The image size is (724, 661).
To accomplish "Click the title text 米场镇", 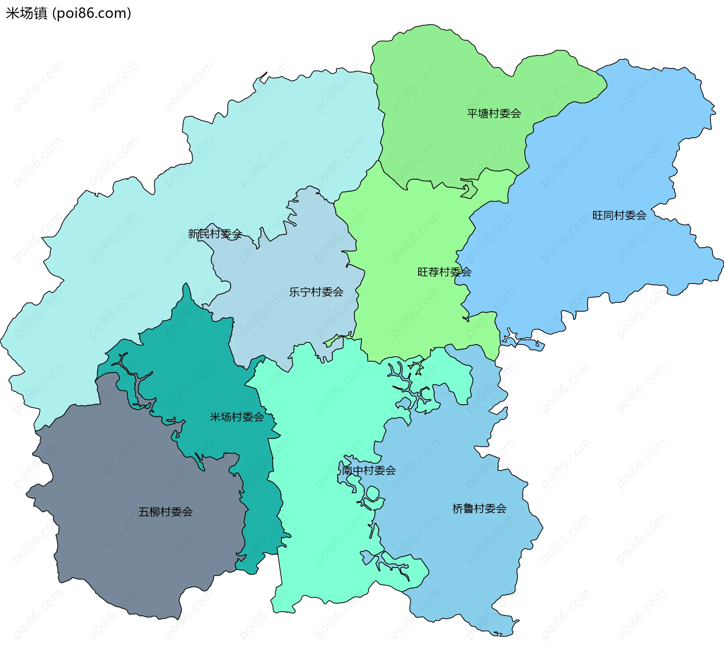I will (x=26, y=13).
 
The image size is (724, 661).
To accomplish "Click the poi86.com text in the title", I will (x=92, y=13).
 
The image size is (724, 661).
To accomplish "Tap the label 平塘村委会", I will (x=494, y=113).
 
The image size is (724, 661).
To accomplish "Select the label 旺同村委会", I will (x=619, y=215).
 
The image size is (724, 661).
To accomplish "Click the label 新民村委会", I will (x=215, y=234).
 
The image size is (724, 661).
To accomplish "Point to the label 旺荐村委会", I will (x=444, y=272).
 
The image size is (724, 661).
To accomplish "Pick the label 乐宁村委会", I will (x=316, y=292).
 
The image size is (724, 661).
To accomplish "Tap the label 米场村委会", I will (x=237, y=417).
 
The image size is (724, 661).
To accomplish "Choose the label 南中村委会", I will (x=368, y=470).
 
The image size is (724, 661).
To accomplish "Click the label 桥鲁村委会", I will (x=479, y=509).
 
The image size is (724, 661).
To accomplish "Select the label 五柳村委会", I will (x=166, y=512).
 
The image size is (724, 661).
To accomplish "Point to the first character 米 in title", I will (x=12, y=13).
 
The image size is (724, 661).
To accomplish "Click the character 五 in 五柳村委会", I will (x=144, y=512).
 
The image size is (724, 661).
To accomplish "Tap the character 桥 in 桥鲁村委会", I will (x=458, y=509).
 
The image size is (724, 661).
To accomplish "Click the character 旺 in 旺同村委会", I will (x=598, y=215).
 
